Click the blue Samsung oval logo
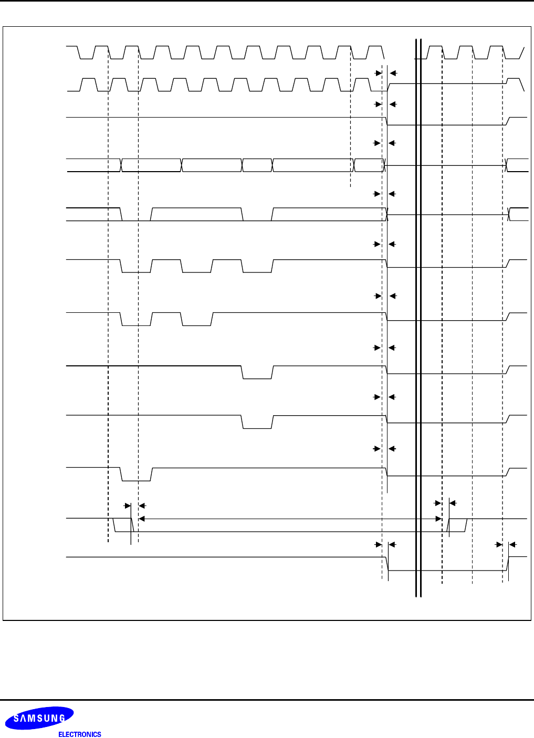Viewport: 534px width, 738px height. [39, 718]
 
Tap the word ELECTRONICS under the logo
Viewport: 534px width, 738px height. [79, 734]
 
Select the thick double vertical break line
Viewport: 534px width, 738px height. [418, 315]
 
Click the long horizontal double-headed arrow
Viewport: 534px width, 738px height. [289, 519]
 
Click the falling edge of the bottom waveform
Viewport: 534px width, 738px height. [388, 564]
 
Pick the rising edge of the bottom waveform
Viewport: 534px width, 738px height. [508, 564]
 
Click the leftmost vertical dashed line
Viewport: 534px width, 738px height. [108, 294]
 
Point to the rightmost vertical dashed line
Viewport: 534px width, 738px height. [502, 315]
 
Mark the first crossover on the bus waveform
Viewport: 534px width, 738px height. [121, 165]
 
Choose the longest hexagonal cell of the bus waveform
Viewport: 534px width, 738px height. [312, 165]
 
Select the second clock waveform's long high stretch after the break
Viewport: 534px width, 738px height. [446, 83]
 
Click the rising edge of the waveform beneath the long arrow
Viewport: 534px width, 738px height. [449, 525]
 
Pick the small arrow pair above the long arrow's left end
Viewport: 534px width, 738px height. [134, 505]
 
